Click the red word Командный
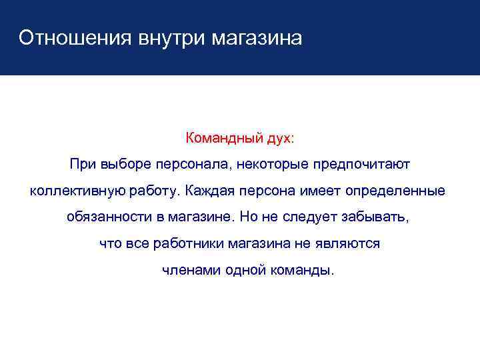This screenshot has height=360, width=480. click(x=219, y=139)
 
